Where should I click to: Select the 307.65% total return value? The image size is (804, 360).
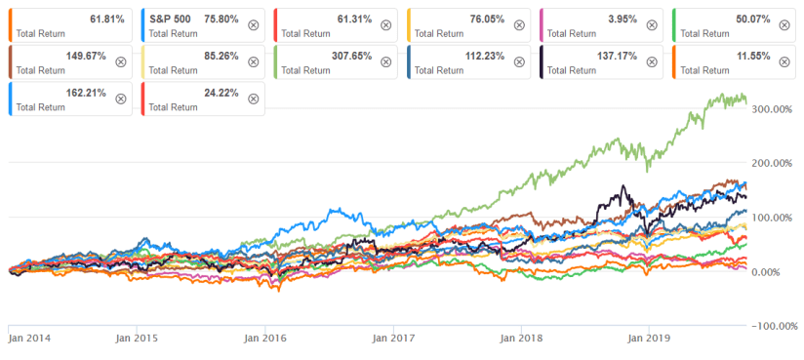(352, 55)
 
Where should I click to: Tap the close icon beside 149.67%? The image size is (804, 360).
(121, 61)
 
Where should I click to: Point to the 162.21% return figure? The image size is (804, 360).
(86, 92)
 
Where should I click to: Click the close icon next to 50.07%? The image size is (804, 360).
(784, 24)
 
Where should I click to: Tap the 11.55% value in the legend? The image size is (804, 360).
(752, 55)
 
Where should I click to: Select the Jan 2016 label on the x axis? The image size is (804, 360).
(263, 339)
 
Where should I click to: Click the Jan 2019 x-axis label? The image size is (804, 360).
(647, 339)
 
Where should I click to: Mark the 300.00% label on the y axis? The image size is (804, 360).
(772, 108)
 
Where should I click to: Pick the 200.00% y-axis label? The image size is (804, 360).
(772, 163)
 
